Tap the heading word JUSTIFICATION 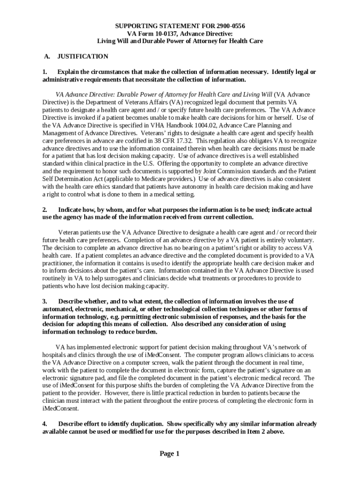click(83, 57)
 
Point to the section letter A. click(47, 57)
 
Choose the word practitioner click(59, 263)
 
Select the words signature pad click(93, 378)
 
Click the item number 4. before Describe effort click(45, 424)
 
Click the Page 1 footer click(169, 454)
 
